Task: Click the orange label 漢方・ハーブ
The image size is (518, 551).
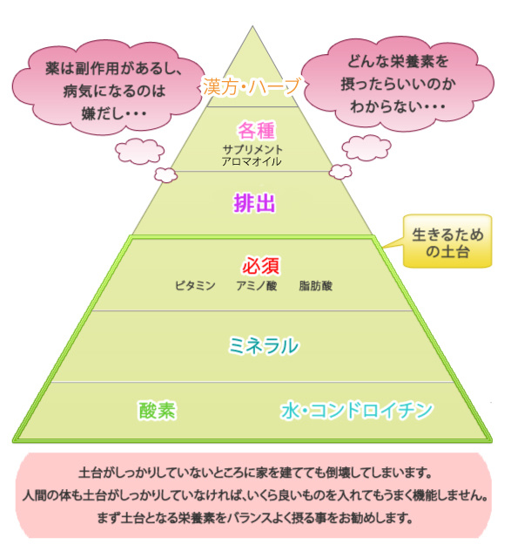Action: click(252, 86)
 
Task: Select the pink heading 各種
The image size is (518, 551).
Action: click(256, 131)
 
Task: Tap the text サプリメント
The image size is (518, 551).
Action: click(252, 150)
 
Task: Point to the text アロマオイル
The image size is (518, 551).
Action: click(252, 161)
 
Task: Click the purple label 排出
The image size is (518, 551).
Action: click(254, 203)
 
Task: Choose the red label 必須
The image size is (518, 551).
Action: click(260, 265)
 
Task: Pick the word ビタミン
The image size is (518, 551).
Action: click(195, 286)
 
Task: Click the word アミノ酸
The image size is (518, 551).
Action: click(257, 286)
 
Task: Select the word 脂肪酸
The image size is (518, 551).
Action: click(315, 286)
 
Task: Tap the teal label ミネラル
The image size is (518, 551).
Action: click(264, 345)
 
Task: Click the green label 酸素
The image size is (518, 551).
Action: click(157, 410)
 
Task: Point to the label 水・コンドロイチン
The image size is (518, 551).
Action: click(357, 410)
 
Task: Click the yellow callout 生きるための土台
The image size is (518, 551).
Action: click(447, 241)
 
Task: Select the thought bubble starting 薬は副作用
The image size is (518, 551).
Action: click(109, 87)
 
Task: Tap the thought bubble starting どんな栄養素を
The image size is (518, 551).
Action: click(398, 83)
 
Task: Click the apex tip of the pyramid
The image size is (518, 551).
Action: click(252, 26)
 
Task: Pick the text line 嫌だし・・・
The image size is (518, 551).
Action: click(114, 113)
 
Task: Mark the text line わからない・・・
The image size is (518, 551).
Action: click(398, 105)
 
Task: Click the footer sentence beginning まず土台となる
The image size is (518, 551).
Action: click(254, 518)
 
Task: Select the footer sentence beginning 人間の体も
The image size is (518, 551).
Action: click(255, 495)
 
